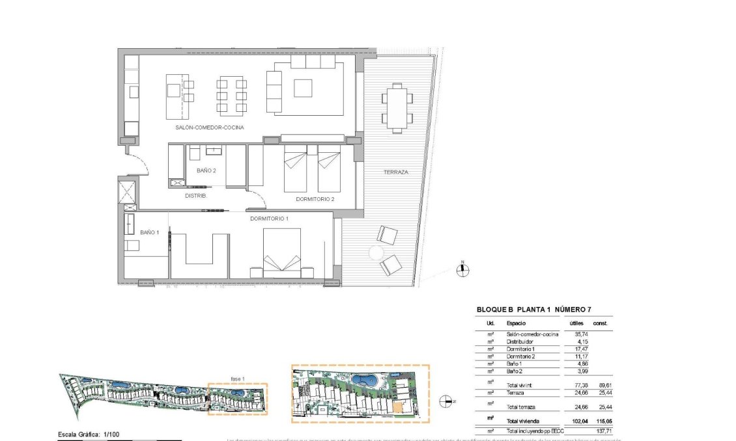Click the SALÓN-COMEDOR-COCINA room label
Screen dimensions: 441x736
tap(209, 127)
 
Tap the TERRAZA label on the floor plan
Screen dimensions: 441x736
tap(395, 172)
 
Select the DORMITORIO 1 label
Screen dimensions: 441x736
tap(269, 219)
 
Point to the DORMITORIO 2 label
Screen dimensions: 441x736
tap(315, 199)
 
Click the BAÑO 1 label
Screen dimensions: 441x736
tap(149, 232)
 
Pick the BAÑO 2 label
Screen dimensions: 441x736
tap(206, 170)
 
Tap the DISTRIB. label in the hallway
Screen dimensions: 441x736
tap(195, 196)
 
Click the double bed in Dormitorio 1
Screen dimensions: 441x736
tap(282, 253)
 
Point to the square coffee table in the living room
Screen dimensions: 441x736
tap(303, 88)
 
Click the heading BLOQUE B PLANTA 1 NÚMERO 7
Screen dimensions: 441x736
tap(533, 310)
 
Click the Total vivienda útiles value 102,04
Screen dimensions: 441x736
tap(571, 421)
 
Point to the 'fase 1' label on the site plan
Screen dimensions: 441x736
tap(237, 379)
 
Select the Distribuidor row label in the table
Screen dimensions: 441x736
tap(520, 341)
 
